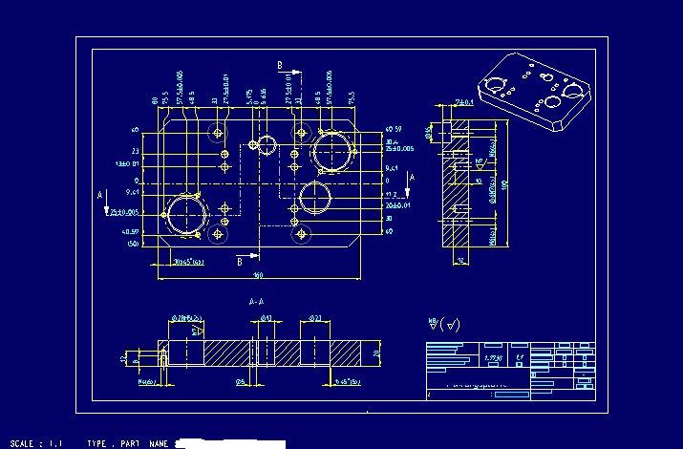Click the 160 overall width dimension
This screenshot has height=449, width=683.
pyautogui.click(x=258, y=276)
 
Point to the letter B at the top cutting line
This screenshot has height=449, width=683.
pyautogui.click(x=280, y=65)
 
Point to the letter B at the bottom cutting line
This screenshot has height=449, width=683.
pyautogui.click(x=239, y=261)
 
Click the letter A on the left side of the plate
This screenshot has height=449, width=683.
pyautogui.click(x=101, y=195)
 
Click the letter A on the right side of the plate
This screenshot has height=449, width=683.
pyautogui.click(x=412, y=178)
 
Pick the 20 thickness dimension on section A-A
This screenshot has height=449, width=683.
pyautogui.click(x=377, y=353)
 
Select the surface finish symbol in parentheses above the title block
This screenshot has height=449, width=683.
pyautogui.click(x=444, y=325)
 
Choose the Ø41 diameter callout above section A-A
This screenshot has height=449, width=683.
pyautogui.click(x=267, y=318)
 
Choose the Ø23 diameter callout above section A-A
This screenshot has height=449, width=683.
pyautogui.click(x=315, y=318)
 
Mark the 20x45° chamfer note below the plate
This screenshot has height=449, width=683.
pyautogui.click(x=188, y=261)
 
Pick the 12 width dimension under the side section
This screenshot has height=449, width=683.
pyautogui.click(x=459, y=260)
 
